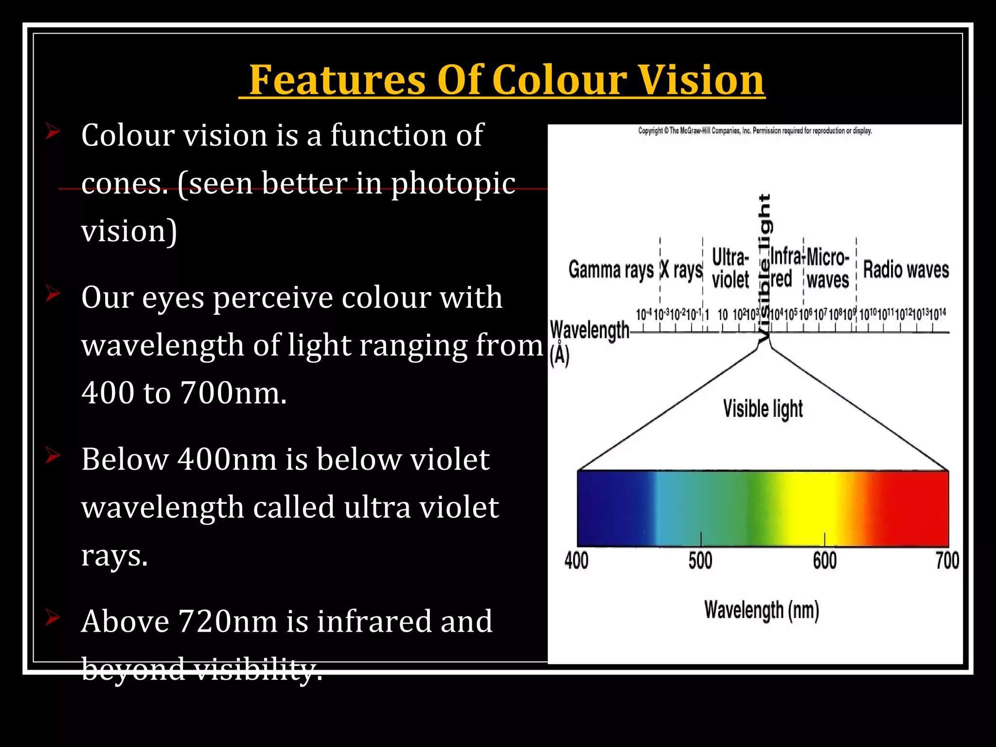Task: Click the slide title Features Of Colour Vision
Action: tap(506, 80)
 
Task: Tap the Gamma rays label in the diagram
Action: tap(611, 270)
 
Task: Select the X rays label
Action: tap(681, 270)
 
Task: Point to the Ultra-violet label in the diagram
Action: tap(730, 268)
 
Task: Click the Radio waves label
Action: tap(906, 270)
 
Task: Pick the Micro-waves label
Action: tap(828, 268)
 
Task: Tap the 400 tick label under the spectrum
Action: tap(576, 560)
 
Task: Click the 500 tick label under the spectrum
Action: tap(700, 560)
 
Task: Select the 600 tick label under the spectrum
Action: tap(825, 560)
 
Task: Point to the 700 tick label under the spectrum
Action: tap(947, 560)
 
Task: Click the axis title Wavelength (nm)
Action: tap(762, 610)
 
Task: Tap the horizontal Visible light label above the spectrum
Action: tap(763, 409)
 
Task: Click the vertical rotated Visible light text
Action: tap(765, 267)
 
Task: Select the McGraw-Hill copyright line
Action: tap(755, 131)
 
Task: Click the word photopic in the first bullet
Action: tap(453, 184)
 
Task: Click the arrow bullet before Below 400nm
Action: tap(53, 456)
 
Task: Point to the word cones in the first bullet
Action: tap(124, 184)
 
